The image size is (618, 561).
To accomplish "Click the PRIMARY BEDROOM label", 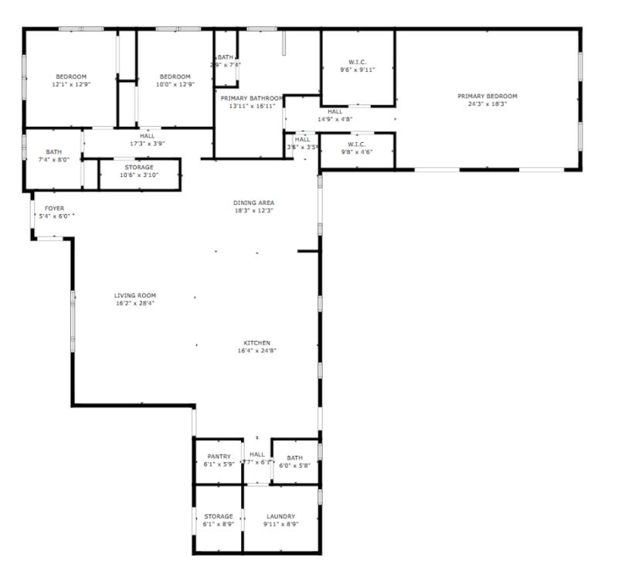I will coord(487,97).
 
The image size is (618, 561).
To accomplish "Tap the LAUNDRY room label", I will coord(281,516).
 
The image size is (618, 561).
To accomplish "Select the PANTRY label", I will coord(219,457).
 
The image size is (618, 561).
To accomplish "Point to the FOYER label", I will coord(54,209).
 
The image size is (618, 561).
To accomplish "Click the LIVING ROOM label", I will coord(135,295).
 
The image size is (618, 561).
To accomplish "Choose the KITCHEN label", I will coord(257,343).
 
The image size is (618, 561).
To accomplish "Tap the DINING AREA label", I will coord(253,202).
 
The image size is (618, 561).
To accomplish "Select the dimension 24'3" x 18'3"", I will coord(487,104).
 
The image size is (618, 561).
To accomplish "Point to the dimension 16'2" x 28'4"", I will coord(135,304).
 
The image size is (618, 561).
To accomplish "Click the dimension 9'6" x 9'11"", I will coord(357,70).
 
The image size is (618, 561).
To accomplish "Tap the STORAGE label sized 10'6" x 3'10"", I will coord(139,167).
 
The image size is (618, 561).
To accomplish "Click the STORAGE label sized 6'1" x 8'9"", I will coord(219,516).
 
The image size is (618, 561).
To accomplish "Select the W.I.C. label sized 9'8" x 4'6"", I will coord(356,144).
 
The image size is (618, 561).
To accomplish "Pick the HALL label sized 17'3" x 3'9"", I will coord(148,136).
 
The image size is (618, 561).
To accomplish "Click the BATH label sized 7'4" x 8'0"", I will coord(53,152).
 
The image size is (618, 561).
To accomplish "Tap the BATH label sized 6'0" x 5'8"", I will coord(294,457).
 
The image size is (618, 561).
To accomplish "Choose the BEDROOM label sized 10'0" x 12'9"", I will coord(175,76).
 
